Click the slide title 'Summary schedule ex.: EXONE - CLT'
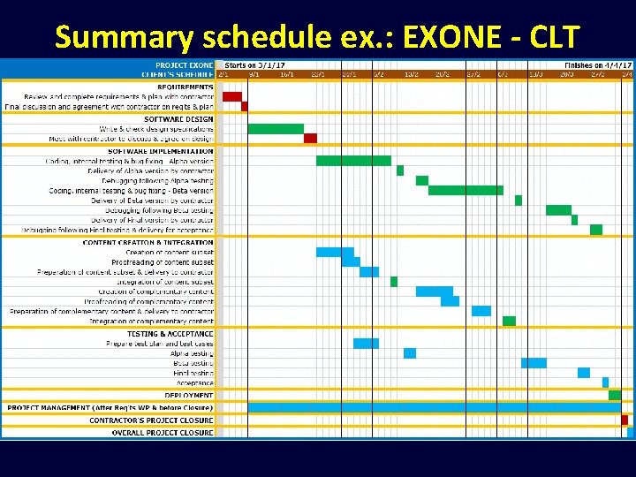coord(317,37)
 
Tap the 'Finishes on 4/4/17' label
coord(598,65)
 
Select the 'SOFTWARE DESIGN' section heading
coord(178,119)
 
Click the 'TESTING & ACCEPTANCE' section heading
coord(170,334)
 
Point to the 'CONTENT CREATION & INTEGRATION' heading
coord(148,242)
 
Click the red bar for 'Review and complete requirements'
coord(231,96)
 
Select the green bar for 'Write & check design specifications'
coord(276,129)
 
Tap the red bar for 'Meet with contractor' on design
coord(310,139)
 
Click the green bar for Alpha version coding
coord(353,161)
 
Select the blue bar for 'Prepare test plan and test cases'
coord(366,344)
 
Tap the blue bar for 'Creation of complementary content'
coord(434,291)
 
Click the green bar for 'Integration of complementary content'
coord(509,321)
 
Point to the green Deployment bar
coord(615,395)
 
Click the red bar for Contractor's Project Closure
coord(625,420)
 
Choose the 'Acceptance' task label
coord(195,382)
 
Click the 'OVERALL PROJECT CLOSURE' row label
coord(163,433)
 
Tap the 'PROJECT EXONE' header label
coord(184,65)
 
